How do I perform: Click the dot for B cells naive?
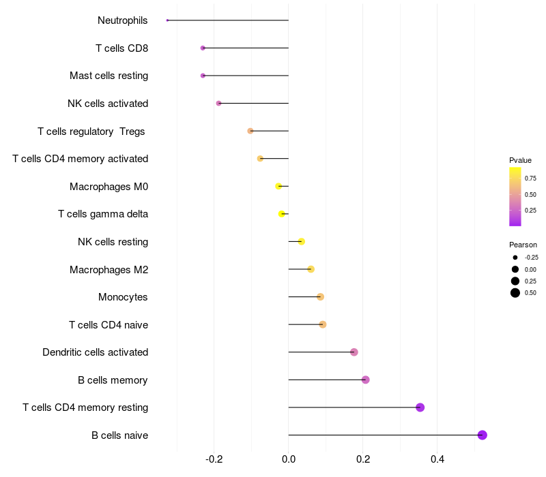(x=482, y=435)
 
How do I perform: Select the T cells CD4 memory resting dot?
(x=420, y=407)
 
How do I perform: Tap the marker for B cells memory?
(x=366, y=380)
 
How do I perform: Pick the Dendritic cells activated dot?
(x=354, y=352)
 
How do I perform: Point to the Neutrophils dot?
(x=167, y=20)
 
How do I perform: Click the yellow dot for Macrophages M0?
(x=278, y=186)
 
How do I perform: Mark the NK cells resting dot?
(x=302, y=241)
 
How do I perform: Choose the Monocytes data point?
(x=320, y=297)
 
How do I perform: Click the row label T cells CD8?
(x=121, y=48)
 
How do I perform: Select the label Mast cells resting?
(x=109, y=76)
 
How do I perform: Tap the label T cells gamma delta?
(x=103, y=214)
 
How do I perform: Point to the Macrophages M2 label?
(x=109, y=270)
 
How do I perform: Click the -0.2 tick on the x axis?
(x=214, y=459)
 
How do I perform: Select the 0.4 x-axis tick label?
(x=437, y=459)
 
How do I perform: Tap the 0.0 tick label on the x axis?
(x=289, y=459)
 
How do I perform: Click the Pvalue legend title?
(x=520, y=160)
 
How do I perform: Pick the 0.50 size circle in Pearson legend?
(x=515, y=293)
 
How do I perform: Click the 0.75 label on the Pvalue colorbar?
(x=530, y=179)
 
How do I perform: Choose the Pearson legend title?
(x=523, y=245)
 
